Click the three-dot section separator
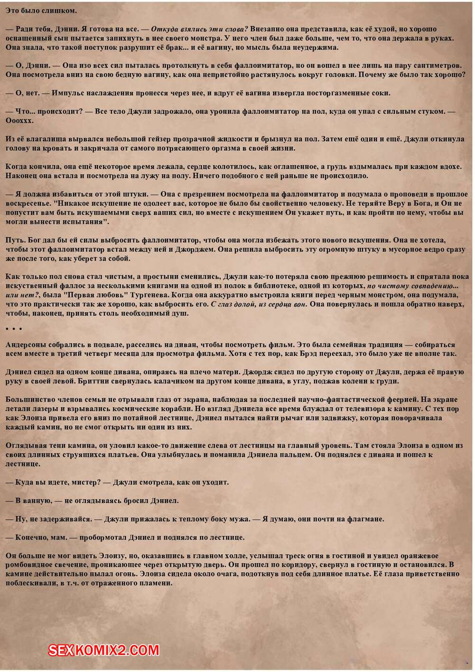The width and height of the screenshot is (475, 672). click(14, 329)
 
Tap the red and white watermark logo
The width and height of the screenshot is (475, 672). click(104, 650)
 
